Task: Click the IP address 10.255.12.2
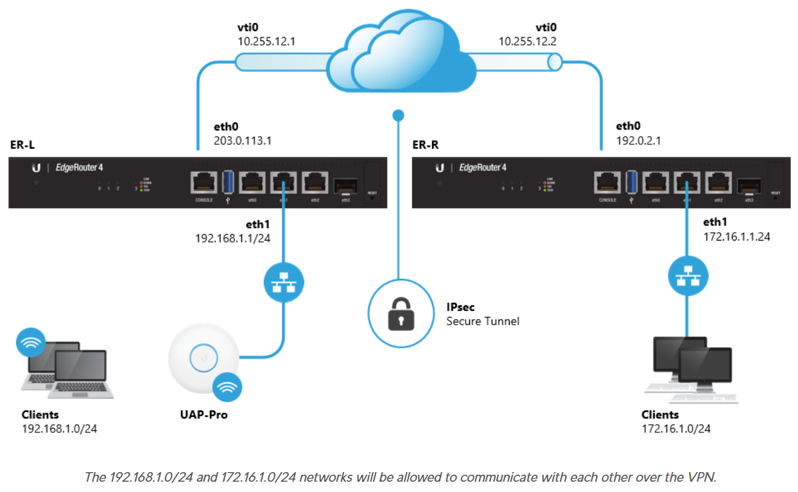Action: [528, 41]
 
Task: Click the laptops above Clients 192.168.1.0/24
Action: [67, 369]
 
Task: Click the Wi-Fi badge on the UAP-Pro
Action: [227, 387]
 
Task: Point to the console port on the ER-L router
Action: [205, 185]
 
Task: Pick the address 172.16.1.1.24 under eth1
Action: [736, 236]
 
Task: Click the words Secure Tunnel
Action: [483, 321]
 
